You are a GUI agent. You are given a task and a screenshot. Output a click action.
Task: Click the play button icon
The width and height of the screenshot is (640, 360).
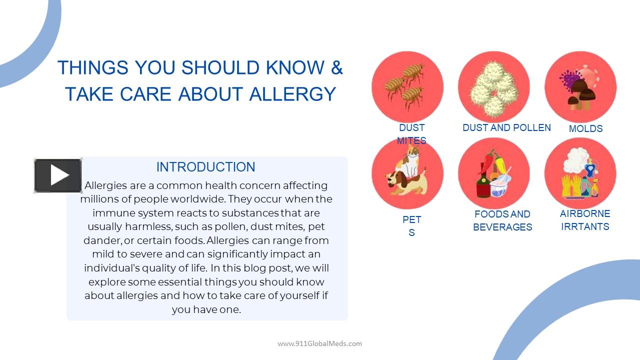click(x=58, y=175)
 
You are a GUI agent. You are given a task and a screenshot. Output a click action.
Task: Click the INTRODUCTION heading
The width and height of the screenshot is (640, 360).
click(x=205, y=167)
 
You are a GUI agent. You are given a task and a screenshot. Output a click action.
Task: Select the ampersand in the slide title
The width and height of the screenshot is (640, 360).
click(x=336, y=67)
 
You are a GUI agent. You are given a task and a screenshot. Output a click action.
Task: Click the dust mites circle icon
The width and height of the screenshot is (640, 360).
click(x=407, y=87)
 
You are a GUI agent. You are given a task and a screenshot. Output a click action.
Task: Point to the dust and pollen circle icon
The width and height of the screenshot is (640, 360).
click(x=493, y=87)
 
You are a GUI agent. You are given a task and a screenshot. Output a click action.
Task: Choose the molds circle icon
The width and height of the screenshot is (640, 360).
click(x=580, y=87)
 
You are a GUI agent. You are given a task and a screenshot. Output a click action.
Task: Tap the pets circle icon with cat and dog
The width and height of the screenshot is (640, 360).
click(x=407, y=173)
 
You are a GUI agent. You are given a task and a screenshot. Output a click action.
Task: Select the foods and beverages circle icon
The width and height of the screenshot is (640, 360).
click(x=493, y=173)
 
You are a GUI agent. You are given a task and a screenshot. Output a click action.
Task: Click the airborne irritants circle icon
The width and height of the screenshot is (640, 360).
click(x=580, y=173)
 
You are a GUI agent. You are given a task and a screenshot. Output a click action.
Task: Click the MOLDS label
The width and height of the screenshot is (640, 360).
click(x=585, y=128)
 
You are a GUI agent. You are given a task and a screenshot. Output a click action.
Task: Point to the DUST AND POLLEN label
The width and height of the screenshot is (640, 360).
click(x=506, y=128)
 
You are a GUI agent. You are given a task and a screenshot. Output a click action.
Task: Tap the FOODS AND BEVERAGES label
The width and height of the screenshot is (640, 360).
click(x=502, y=220)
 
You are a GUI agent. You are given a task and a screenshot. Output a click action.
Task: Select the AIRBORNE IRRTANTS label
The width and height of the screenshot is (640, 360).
click(x=585, y=220)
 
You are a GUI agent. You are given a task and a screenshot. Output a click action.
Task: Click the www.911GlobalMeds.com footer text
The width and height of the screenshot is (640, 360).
click(x=319, y=343)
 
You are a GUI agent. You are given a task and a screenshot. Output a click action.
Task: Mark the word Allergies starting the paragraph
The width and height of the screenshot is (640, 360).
click(x=105, y=185)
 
